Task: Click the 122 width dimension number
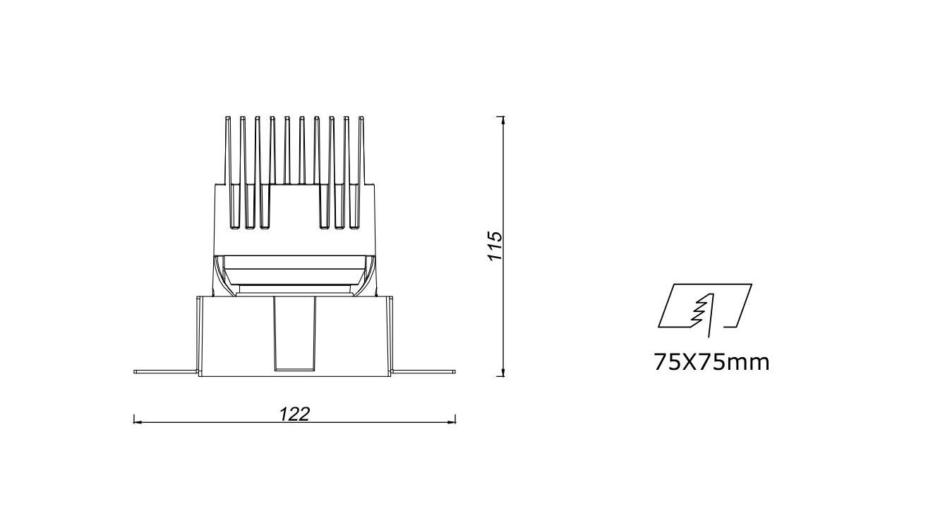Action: [294, 414]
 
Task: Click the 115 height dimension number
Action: [495, 246]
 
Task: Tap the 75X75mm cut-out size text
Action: [711, 362]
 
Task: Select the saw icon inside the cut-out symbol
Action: [703, 315]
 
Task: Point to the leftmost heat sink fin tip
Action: [228, 117]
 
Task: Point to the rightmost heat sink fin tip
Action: [361, 117]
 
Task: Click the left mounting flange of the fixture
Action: [166, 371]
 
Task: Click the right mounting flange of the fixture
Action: [423, 371]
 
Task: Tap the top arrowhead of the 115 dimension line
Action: [504, 121]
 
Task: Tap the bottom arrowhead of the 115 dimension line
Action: [504, 372]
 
